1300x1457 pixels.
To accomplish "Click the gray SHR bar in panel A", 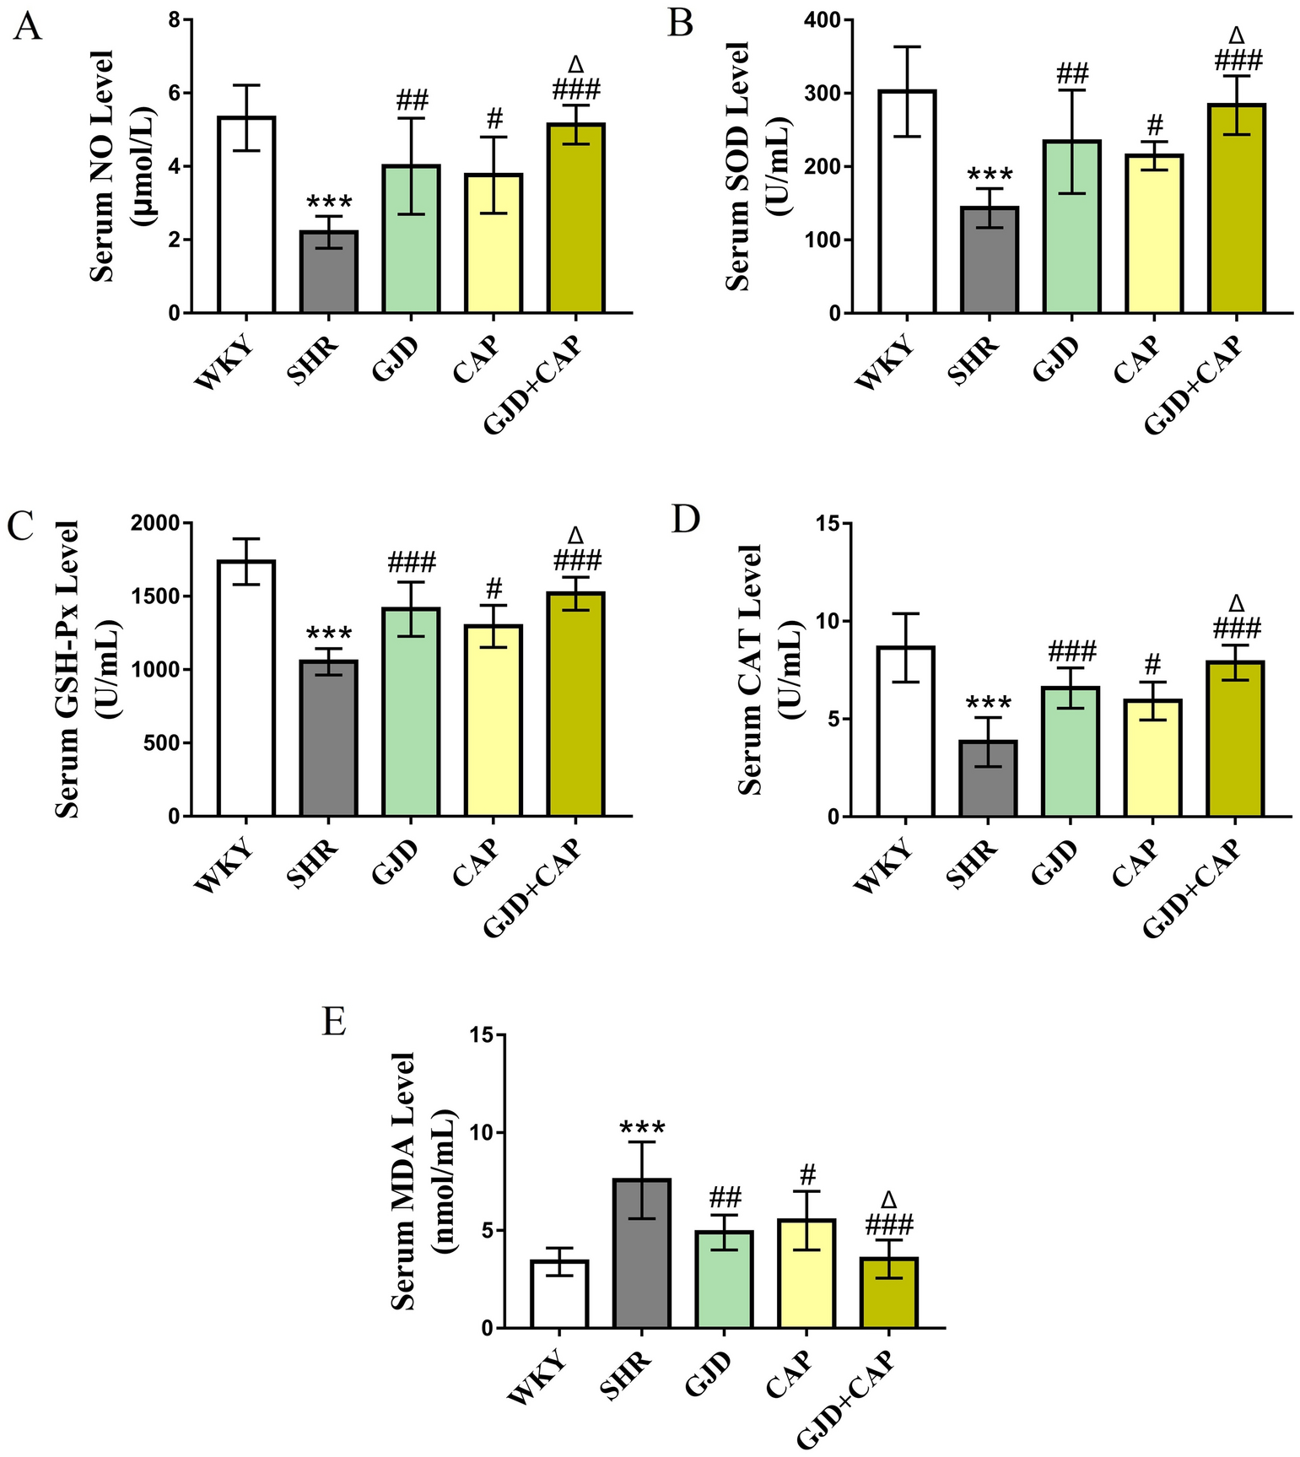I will click(329, 273).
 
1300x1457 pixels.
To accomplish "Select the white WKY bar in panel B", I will click(906, 202).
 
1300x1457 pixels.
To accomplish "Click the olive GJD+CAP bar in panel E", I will click(888, 1292).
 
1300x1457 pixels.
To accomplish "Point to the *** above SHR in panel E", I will click(642, 1129).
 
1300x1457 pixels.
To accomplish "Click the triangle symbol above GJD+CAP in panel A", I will click(576, 65).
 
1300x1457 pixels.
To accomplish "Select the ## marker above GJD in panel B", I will click(1071, 73).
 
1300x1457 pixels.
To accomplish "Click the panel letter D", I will click(685, 520).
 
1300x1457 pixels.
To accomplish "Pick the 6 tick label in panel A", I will click(174, 93).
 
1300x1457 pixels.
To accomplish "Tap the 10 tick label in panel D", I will click(831, 622).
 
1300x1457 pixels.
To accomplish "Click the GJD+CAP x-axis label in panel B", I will click(1193, 385).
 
